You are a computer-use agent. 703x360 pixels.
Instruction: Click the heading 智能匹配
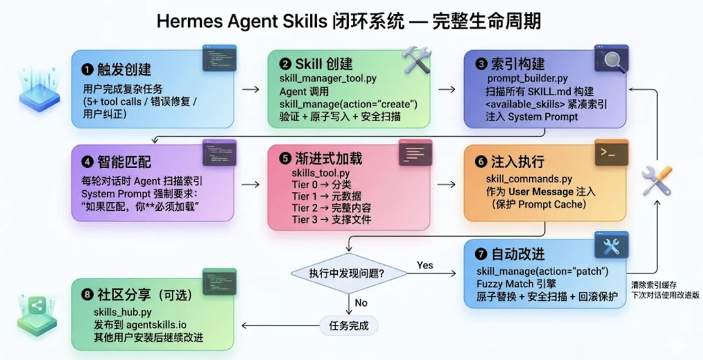click(124, 162)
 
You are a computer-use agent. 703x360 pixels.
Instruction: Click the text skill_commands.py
click(529, 179)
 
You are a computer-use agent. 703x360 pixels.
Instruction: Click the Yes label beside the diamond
click(424, 266)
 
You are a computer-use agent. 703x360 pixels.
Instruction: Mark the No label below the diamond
click(361, 303)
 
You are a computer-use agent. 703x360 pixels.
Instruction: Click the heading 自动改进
click(518, 254)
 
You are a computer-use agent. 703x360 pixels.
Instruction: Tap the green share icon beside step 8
click(36, 306)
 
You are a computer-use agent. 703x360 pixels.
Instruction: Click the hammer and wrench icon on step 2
click(413, 60)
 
